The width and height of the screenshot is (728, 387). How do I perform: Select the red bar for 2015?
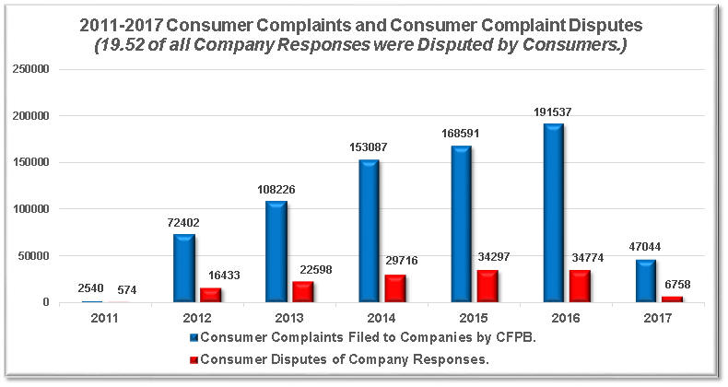click(488, 287)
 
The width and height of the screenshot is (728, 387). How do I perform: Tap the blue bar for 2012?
click(185, 268)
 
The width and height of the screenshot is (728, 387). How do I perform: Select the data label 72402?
click(184, 223)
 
